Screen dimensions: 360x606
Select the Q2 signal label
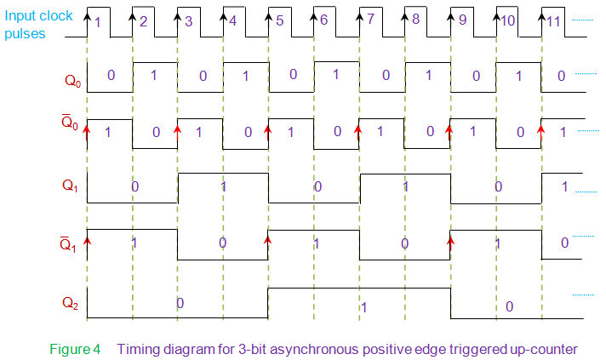(71, 301)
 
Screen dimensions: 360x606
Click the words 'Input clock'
(38, 16)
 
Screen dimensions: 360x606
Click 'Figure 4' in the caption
(74, 348)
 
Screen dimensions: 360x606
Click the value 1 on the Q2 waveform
(363, 306)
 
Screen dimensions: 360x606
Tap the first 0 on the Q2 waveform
(180, 303)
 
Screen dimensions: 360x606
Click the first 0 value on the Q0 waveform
(111, 75)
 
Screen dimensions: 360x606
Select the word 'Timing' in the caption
(135, 348)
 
